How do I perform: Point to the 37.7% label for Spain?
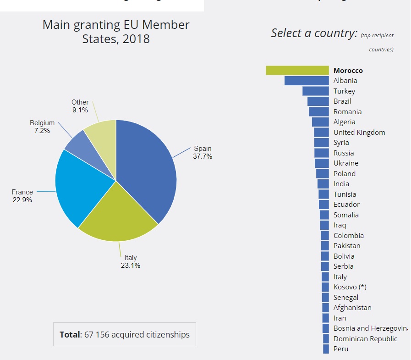point(203,156)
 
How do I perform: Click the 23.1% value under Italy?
point(131,266)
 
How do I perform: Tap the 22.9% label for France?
point(22,200)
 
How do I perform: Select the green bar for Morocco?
point(297,70)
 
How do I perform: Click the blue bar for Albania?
point(307,81)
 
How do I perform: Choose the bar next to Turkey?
point(316,91)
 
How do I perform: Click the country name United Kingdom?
point(359,133)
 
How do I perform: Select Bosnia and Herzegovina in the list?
point(370,328)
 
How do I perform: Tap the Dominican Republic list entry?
point(365,339)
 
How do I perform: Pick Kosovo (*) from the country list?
point(350,287)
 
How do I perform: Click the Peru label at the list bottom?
point(341,349)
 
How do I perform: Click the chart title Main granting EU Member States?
point(116,31)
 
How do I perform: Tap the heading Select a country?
point(314,33)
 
